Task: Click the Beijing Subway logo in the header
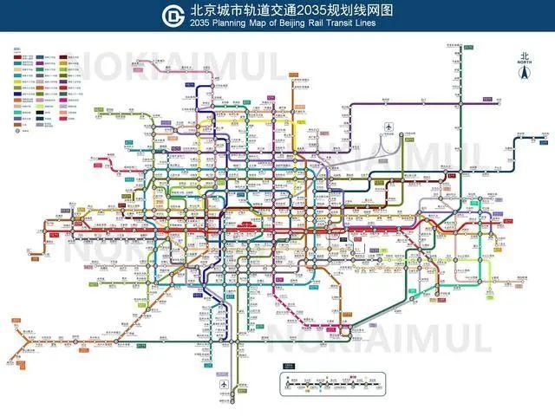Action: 173,15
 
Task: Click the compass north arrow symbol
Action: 524,74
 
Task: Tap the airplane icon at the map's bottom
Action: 225,383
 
